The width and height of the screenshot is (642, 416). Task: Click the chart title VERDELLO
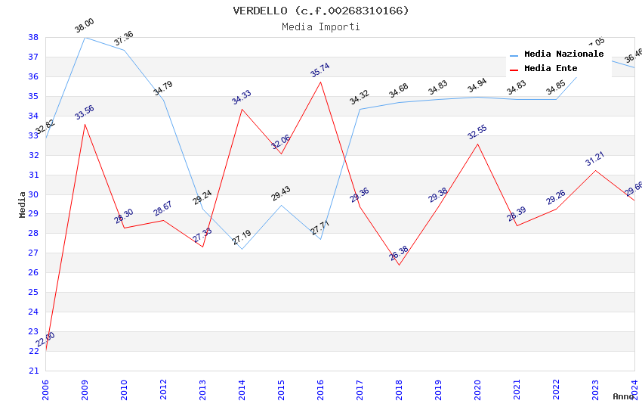321,11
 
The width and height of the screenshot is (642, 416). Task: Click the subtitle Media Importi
321,26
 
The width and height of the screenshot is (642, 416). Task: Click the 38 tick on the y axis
33,37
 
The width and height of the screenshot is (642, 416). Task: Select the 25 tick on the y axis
33,292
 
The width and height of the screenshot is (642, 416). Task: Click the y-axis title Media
22,203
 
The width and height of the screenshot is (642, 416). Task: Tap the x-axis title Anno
623,396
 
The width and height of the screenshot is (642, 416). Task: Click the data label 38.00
85,26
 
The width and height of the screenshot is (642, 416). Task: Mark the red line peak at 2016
321,82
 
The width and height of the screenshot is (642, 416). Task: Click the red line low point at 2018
399,265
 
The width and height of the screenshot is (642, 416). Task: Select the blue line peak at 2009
85,37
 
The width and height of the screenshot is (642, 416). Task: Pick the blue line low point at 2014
242,249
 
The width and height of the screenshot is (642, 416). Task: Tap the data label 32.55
477,132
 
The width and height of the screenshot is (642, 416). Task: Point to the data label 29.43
281,194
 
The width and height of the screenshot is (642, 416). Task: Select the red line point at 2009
85,124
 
